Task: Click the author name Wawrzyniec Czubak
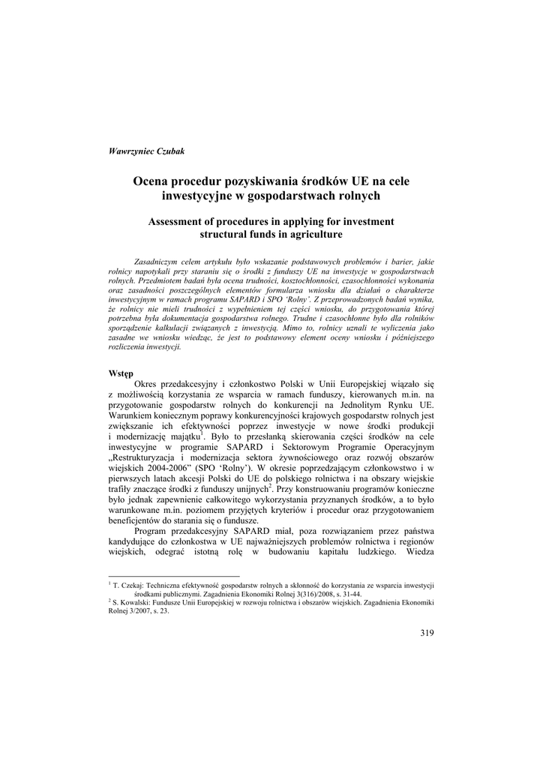146,151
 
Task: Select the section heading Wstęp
121,373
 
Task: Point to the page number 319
427,633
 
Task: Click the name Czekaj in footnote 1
132,584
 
